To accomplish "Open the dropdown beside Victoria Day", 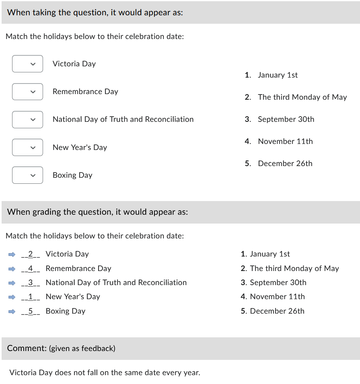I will point(27,64).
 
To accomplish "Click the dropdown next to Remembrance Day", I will point(27,92).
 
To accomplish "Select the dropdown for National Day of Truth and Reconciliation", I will point(27,119).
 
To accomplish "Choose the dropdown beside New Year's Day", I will point(27,147).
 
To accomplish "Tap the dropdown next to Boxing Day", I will point(27,175).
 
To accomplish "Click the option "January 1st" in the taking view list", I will point(278,75).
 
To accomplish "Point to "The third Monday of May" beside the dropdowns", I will point(302,97).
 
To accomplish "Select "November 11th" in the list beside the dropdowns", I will point(285,142).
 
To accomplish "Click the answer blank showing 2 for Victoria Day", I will point(31,254).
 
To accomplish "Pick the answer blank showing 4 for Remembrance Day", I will point(31,269).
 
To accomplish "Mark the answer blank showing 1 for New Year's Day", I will point(31,297).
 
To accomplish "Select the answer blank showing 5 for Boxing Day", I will point(31,311).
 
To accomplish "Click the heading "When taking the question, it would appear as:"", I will point(95,12).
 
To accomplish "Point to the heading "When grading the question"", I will point(97,212).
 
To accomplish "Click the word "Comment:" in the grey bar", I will point(27,348).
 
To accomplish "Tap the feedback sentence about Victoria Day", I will point(105,373).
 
